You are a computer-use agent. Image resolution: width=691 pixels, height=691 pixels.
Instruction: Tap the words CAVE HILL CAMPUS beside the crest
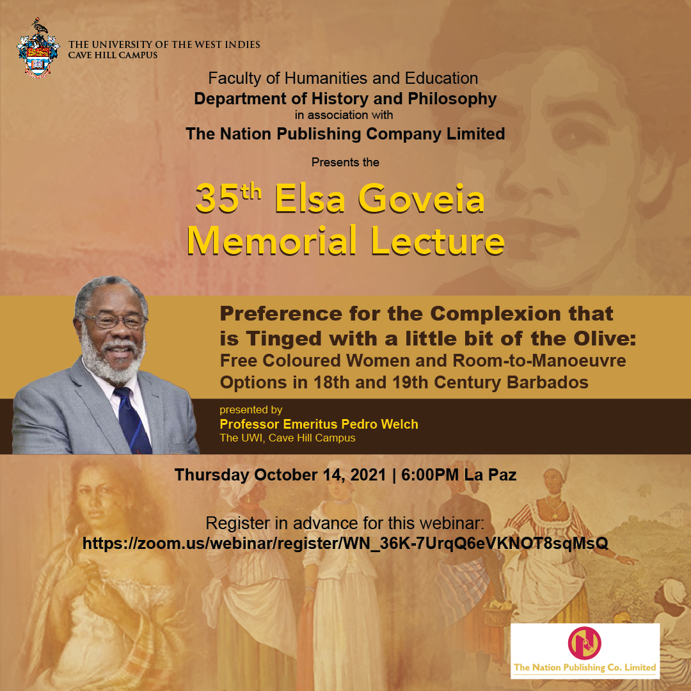pos(113,55)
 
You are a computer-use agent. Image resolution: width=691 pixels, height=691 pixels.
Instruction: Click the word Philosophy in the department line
pos(452,99)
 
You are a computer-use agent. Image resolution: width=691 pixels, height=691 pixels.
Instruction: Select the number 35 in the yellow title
pos(218,199)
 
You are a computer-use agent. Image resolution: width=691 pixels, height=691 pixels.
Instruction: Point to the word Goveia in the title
pos(422,198)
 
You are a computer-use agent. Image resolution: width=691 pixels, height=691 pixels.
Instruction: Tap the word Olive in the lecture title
pos(605,338)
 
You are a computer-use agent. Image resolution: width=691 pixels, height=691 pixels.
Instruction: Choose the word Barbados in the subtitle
pos(548,382)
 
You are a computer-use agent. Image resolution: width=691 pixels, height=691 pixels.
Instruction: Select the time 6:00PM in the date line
pos(430,475)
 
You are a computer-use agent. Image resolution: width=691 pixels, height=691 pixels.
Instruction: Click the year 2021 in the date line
pos(368,475)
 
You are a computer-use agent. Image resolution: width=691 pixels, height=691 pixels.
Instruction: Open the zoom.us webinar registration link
pos(345,543)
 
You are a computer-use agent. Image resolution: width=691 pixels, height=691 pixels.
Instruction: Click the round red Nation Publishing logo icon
pos(584,643)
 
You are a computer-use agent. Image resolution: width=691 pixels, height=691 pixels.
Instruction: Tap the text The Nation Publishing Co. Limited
pos(585,667)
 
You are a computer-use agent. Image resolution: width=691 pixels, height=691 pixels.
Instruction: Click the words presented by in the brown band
pos(251,410)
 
